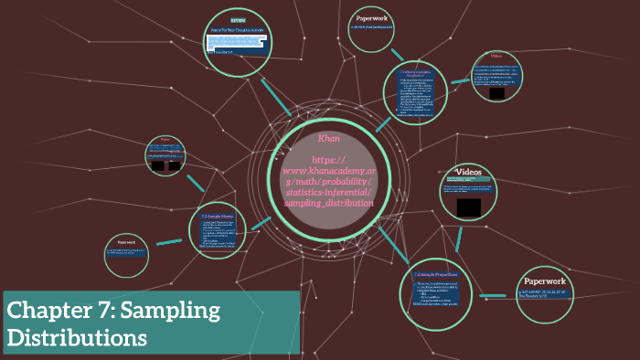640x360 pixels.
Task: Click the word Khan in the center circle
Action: click(x=329, y=138)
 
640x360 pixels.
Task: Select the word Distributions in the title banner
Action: click(x=77, y=337)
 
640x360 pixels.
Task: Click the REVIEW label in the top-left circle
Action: click(x=238, y=19)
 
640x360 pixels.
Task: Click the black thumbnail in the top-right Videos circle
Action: click(x=496, y=93)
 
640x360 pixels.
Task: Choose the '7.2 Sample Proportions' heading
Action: click(x=434, y=274)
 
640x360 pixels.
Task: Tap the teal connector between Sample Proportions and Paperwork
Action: click(x=495, y=295)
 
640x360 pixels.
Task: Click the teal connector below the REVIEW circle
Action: click(x=275, y=95)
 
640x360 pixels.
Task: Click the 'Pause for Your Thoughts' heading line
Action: click(x=236, y=30)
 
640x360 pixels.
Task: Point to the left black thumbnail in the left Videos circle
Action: click(x=158, y=166)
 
